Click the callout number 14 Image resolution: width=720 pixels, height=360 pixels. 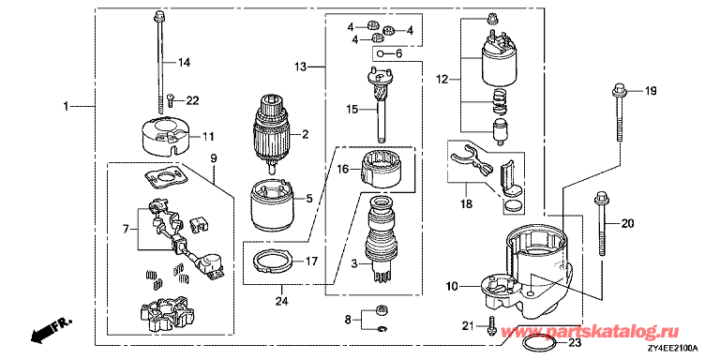click(x=184, y=62)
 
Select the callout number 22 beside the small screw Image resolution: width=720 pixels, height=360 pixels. click(x=192, y=100)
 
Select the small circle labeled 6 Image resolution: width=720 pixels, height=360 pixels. click(x=381, y=53)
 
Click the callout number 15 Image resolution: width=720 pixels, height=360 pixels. click(x=353, y=110)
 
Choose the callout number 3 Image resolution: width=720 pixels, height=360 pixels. click(x=354, y=263)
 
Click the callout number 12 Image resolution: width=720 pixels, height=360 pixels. click(x=442, y=81)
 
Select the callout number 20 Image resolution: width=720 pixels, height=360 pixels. click(x=628, y=224)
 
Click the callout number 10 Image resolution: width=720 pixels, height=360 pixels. click(x=452, y=287)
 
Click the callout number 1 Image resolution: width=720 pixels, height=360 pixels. click(x=66, y=107)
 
